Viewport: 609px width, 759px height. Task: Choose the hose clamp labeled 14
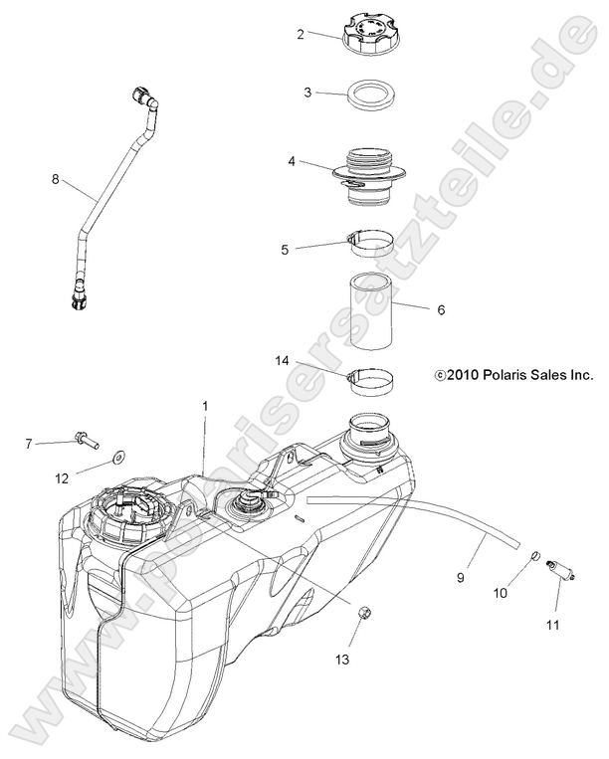pyautogui.click(x=371, y=380)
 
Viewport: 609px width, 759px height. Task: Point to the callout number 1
pyautogui.click(x=205, y=407)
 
